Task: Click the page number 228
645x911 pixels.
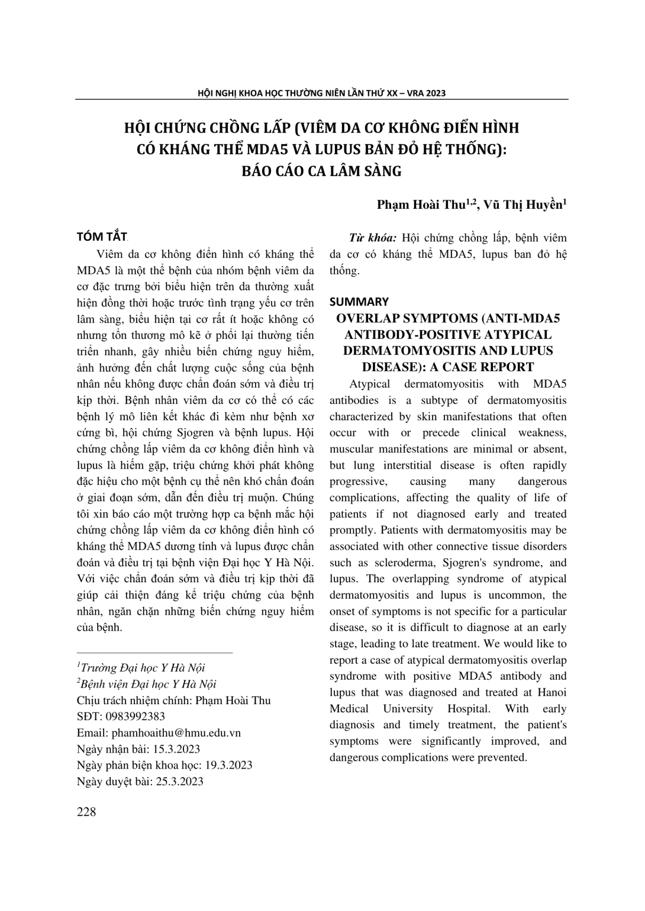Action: pyautogui.click(x=86, y=812)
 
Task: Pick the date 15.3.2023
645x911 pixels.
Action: pyautogui.click(x=176, y=749)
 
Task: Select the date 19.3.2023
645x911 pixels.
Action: pyautogui.click(x=228, y=765)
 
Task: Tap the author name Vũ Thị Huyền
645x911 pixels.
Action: pyautogui.click(x=524, y=205)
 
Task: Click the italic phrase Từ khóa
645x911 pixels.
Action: pyautogui.click(x=373, y=238)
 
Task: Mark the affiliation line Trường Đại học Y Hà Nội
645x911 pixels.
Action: pyautogui.click(x=142, y=668)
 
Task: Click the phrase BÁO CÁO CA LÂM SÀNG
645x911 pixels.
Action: pyautogui.click(x=322, y=171)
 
